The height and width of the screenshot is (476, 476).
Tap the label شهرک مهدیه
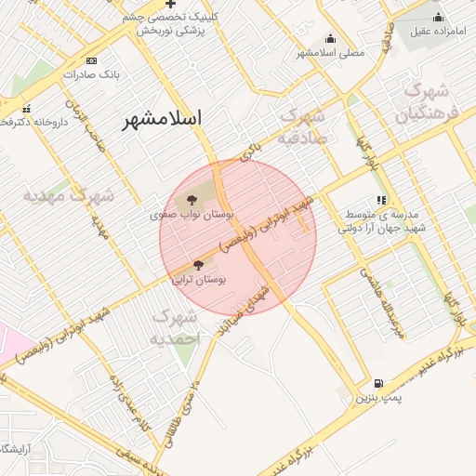pyautogui.click(x=69, y=197)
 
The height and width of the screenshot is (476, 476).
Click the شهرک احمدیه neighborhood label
pyautogui.click(x=176, y=328)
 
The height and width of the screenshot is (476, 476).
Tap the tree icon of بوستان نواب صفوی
pyautogui.click(x=192, y=199)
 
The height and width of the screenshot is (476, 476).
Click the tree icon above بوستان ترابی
pyautogui.click(x=197, y=265)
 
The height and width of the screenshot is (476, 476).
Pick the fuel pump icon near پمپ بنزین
pyautogui.click(x=377, y=383)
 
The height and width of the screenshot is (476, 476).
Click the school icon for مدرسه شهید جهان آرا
pyautogui.click(x=381, y=200)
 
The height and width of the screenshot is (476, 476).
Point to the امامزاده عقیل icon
pyautogui.click(x=438, y=17)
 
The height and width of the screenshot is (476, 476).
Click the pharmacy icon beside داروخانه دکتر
pyautogui.click(x=26, y=107)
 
